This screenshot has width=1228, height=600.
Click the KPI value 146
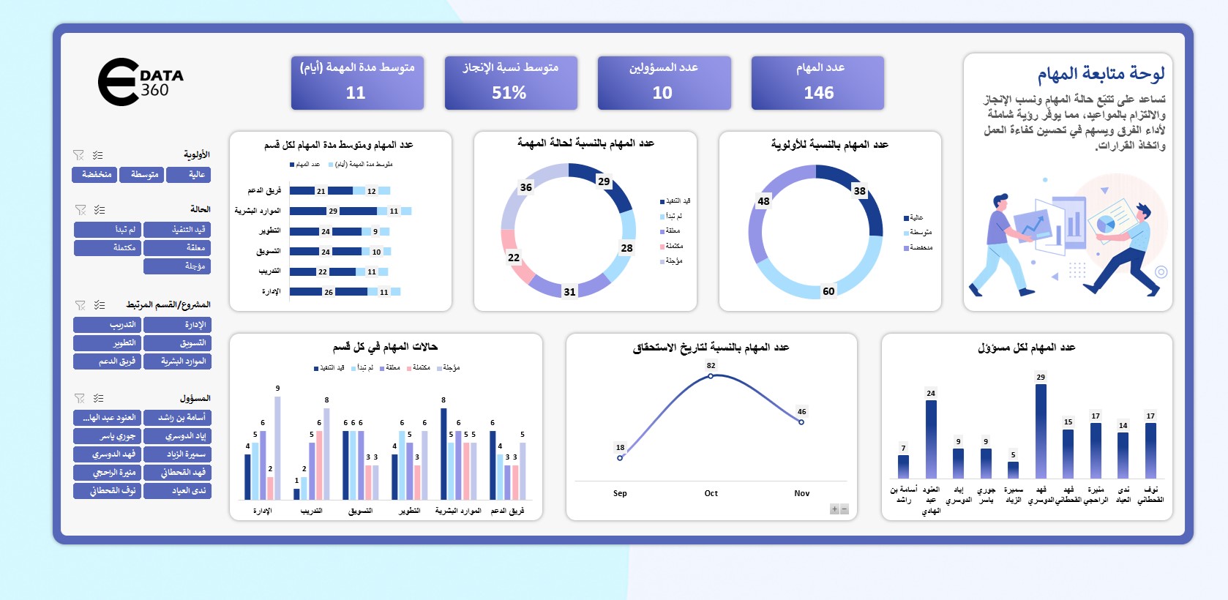coord(818,93)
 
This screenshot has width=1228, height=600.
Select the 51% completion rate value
coord(509,93)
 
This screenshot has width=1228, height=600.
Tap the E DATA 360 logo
coord(141,82)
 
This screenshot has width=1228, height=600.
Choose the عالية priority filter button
coord(189,174)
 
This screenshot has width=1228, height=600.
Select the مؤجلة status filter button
coord(177,266)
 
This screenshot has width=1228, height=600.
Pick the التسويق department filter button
coord(177,342)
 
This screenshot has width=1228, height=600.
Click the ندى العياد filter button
coord(177,490)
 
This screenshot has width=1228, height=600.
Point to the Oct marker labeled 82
coord(711,376)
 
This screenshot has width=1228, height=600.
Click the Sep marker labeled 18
coord(620,458)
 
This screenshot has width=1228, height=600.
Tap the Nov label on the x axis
coord(801,493)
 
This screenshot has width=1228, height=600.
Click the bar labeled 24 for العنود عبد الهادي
coord(931,438)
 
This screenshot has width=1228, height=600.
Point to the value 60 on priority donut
coord(828,291)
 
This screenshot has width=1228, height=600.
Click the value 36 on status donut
coord(525,187)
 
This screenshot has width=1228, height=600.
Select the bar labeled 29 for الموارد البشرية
coord(307,211)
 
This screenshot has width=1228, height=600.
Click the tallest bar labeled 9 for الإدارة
coord(277,447)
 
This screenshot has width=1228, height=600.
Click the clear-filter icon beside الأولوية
coord(78,155)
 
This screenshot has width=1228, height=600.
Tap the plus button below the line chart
coord(834,509)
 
